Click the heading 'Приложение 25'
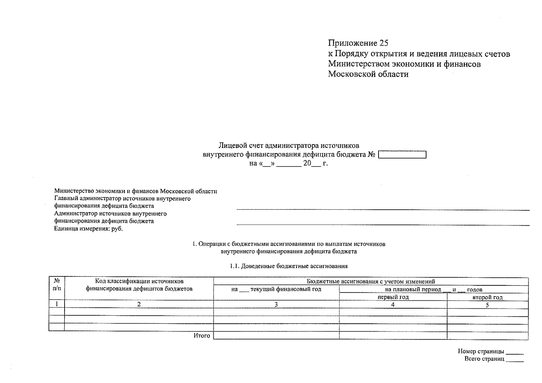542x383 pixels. tap(358, 43)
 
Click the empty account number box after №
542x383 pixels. tap(402, 155)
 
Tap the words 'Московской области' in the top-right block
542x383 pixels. tap(368, 74)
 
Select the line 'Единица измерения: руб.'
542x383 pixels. tap(88, 229)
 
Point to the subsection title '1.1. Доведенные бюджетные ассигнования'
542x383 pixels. tap(289, 266)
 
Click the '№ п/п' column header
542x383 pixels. tap(57, 285)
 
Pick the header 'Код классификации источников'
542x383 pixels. tap(139, 281)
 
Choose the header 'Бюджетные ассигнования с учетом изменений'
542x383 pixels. tap(370, 282)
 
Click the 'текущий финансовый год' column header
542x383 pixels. tap(276, 289)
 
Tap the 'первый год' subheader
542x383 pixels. tap(393, 297)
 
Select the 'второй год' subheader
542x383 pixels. tap(487, 297)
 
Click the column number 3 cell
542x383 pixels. tap(276, 304)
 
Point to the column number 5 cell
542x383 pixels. tap(487, 305)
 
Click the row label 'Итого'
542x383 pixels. tap(202, 335)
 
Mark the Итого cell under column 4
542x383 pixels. tap(393, 335)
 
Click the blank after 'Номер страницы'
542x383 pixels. tap(515, 352)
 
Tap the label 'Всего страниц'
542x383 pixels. tap(484, 359)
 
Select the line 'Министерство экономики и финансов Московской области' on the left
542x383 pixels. tap(135, 191)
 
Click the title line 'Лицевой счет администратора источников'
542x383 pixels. tap(289, 146)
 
